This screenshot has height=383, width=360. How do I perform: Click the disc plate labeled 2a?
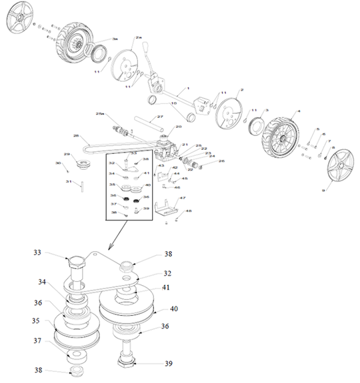pyautogui.click(x=127, y=66)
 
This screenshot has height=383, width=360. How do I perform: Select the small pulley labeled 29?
pyautogui.click(x=84, y=163)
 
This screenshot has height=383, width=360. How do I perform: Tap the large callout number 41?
pyautogui.click(x=165, y=288)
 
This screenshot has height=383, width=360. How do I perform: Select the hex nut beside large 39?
pyautogui.click(x=126, y=362)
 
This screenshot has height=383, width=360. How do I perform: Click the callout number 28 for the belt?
pyautogui.click(x=76, y=137)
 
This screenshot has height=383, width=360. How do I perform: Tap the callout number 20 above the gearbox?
pyautogui.click(x=179, y=127)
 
